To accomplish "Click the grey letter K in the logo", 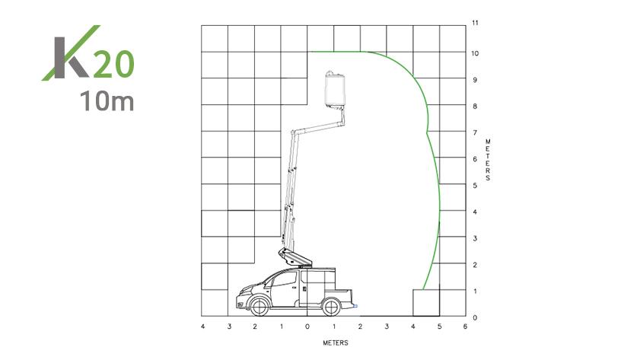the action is [x=69, y=58].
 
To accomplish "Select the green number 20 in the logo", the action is [x=113, y=64].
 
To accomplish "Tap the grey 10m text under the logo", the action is [x=107, y=100].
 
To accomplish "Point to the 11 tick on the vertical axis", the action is [x=475, y=23].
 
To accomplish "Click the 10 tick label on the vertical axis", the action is [x=475, y=53].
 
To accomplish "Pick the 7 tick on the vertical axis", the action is [x=475, y=132].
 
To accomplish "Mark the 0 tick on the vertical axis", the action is [x=475, y=317].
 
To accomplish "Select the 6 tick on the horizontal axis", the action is [x=465, y=327].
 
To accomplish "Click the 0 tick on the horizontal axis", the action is [x=307, y=327].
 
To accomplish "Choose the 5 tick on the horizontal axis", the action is [x=439, y=327].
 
